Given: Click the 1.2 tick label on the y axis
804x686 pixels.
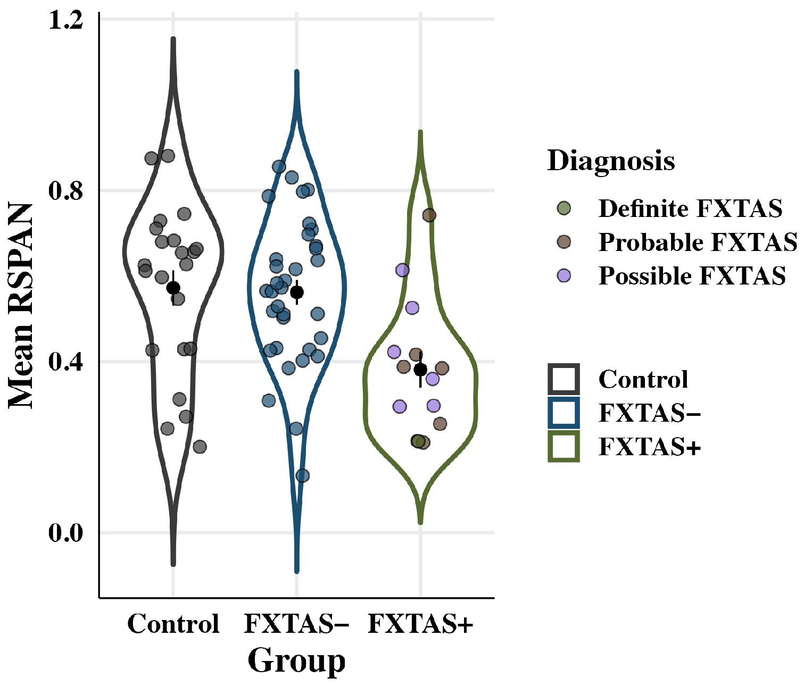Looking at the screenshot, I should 66,20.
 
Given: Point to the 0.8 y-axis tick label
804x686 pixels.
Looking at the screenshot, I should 66,190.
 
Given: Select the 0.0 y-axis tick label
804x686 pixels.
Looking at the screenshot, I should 66,532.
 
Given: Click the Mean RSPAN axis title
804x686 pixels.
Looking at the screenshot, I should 21,307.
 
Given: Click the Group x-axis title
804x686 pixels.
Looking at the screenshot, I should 296,661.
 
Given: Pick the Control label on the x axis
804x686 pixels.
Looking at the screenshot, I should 173,624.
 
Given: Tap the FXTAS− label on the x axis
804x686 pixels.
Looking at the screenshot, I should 296,624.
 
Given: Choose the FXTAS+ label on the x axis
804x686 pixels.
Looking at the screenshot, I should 420,624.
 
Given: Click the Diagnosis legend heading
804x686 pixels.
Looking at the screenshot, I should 611,161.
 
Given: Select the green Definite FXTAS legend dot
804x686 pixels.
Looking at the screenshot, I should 563,208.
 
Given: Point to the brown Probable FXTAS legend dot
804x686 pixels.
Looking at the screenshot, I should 563,242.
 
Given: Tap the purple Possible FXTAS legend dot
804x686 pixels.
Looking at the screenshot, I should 563,275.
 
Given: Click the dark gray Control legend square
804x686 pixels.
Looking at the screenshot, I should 563,379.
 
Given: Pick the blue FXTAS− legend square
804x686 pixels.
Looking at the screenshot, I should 563,413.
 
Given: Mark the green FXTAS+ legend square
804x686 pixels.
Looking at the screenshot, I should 563,446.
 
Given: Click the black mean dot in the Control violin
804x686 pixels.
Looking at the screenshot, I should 173,288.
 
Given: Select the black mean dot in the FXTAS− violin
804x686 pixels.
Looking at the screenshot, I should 297,292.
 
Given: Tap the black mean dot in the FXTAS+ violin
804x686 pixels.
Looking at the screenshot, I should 420,370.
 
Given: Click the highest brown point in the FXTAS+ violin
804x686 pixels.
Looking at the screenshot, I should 429,215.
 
